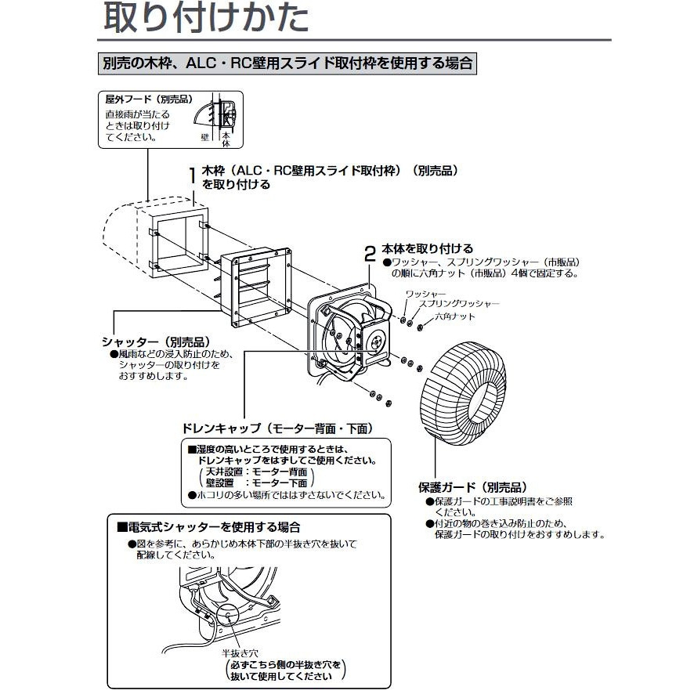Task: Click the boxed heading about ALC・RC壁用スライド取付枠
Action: pyautogui.click(x=287, y=63)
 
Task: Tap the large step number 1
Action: pyautogui.click(x=193, y=175)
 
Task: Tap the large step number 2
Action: pyautogui.click(x=370, y=253)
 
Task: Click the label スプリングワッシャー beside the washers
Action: pyautogui.click(x=458, y=303)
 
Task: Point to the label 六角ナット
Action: pyautogui.click(x=454, y=315)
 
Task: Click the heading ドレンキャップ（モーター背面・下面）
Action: pyautogui.click(x=276, y=429)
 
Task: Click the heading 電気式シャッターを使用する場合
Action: pyautogui.click(x=208, y=527)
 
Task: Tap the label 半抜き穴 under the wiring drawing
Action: pyautogui.click(x=240, y=652)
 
